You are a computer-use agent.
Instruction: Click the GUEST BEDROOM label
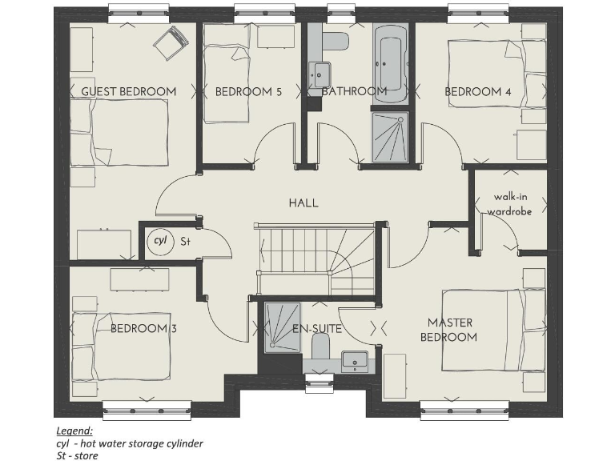129,91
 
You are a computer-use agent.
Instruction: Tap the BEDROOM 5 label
248,91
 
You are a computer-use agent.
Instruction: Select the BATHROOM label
354,91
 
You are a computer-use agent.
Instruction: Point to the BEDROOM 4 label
478,91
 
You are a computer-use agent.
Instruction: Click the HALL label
303,203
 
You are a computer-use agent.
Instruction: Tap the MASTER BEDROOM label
451,330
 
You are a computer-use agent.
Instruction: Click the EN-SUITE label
317,329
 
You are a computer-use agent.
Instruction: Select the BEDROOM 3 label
143,329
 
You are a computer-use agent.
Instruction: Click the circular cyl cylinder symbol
159,240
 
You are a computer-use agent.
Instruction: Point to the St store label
184,240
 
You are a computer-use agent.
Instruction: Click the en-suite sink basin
353,361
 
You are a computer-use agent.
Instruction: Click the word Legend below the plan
74,431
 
